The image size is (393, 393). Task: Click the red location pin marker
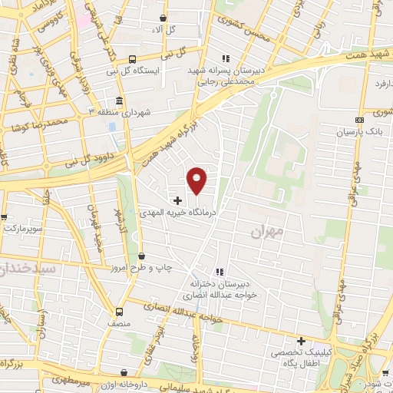point(197,180)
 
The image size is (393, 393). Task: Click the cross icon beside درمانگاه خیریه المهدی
point(178,200)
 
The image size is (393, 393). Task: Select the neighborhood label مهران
point(267,230)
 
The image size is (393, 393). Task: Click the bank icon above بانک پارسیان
point(359,120)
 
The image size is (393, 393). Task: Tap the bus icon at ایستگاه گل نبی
point(132,59)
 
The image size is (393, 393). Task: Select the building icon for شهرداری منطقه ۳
point(119,101)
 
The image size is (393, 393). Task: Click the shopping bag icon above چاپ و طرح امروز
point(140,256)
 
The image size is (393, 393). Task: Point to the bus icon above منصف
point(119,312)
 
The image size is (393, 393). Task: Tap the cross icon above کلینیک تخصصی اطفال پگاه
point(301,341)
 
